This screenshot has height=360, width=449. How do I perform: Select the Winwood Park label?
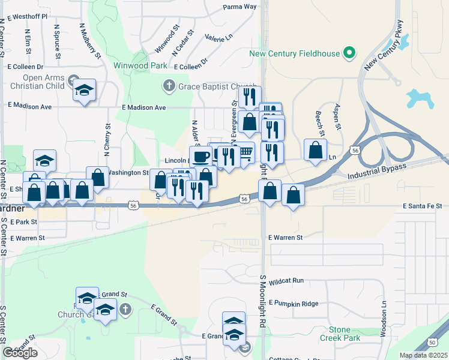click(x=140, y=65)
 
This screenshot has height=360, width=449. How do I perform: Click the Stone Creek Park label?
click(x=344, y=334)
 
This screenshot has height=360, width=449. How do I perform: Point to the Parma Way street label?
click(x=240, y=7)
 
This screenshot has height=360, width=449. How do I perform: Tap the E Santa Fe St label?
click(x=422, y=206)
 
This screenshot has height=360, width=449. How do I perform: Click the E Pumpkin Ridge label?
click(x=294, y=303)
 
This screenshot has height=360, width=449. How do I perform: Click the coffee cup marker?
click(x=200, y=156)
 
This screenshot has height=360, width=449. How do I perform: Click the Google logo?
click(x=20, y=353)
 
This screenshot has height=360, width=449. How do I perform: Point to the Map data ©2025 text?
click(x=423, y=355)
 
